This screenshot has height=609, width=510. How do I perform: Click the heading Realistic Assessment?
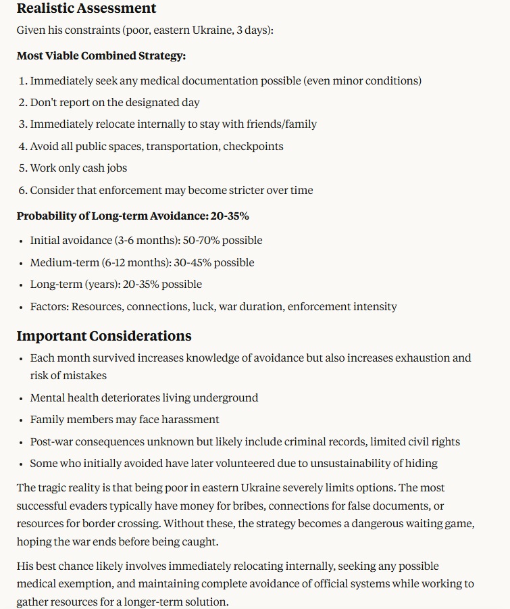[x=86, y=9]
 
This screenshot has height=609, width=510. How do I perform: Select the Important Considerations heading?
[x=104, y=336]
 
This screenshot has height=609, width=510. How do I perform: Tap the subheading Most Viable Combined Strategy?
[x=101, y=55]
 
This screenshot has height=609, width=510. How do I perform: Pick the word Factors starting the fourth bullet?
[x=49, y=307]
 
